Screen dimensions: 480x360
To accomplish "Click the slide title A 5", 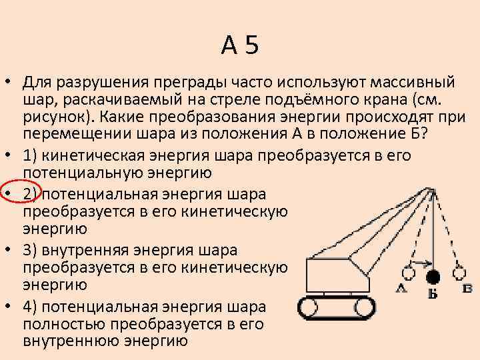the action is click(240, 45).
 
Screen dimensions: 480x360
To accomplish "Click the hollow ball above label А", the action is click(407, 273).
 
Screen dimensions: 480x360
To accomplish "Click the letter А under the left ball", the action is click(401, 288).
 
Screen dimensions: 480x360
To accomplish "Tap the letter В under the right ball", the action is click(467, 288).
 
